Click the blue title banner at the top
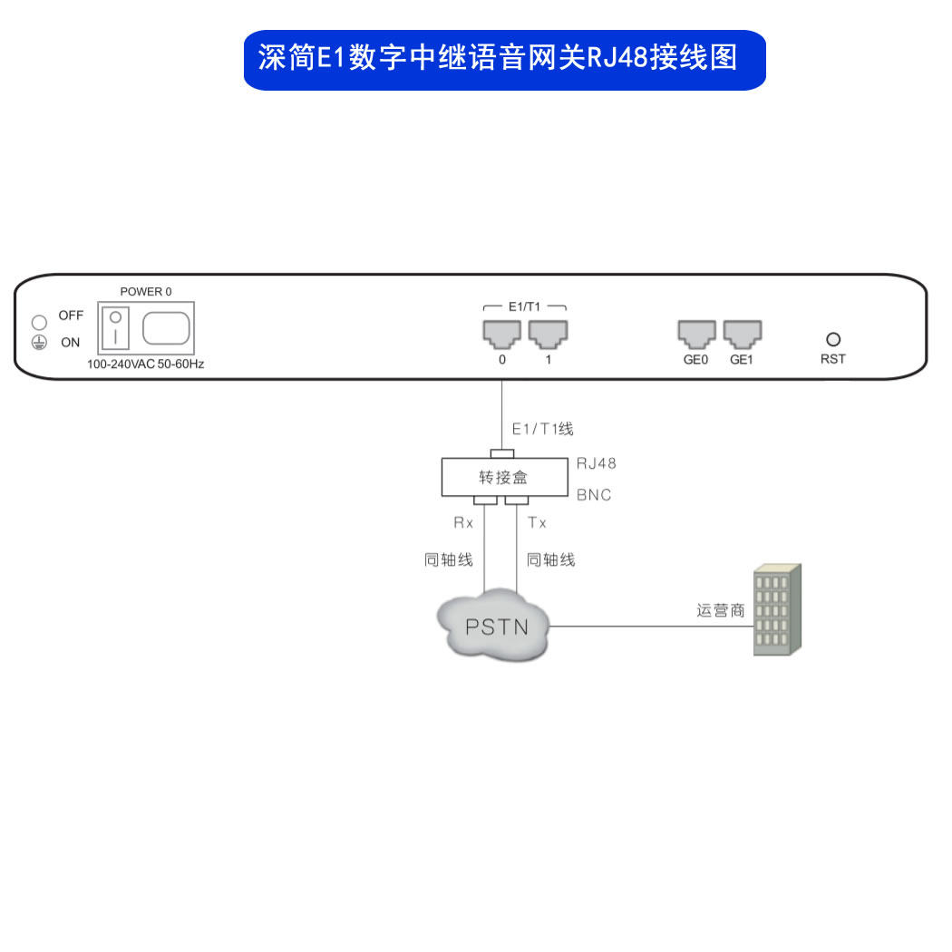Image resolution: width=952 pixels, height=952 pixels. pos(504,60)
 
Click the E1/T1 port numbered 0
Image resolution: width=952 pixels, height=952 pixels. pos(501,334)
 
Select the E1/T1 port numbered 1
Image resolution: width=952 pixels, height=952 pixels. pos(548,334)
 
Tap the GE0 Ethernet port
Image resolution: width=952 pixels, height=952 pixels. pos(696,334)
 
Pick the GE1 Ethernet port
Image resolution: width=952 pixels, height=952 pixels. pos(742,334)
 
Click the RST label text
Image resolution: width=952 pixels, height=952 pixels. pos(832,359)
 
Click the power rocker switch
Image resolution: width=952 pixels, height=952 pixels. pos(116,327)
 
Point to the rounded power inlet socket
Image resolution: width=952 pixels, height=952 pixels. pos(166,327)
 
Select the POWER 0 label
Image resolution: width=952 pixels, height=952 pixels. pos(146,292)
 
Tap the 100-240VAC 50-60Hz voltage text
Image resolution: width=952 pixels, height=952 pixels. pos(145,364)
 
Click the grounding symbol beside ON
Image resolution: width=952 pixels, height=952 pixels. pos(39,343)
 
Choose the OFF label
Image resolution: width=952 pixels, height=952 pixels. pos(71,316)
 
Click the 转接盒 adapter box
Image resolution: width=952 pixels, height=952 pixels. pos(502,477)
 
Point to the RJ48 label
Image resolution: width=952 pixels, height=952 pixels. pos(596,463)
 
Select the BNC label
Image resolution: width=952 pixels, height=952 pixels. pos(594,495)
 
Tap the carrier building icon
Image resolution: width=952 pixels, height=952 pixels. pos(777,609)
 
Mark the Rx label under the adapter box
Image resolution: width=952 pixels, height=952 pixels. pos(463,523)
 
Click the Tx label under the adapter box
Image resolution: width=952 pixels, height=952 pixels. pos(537,523)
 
